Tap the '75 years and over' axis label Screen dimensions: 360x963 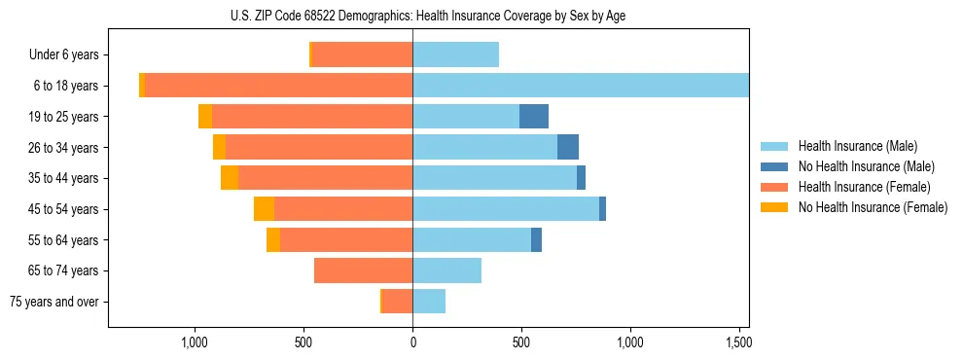54,302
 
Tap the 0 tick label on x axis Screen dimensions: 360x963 412,342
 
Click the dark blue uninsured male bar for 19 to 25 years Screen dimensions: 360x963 534,117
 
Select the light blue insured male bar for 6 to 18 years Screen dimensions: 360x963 581,86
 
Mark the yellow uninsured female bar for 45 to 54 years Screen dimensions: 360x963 264,209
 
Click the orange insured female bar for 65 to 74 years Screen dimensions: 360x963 363,270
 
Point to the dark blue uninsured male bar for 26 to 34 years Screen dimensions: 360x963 568,148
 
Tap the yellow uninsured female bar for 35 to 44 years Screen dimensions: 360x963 230,178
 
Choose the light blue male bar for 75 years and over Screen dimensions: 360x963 429,302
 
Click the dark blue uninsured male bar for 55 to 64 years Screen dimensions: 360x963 536,240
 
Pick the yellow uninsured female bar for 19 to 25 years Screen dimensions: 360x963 205,117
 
